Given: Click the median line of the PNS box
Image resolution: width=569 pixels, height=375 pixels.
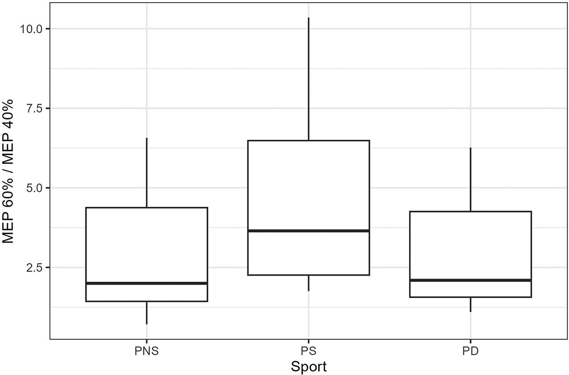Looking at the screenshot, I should [x=147, y=283].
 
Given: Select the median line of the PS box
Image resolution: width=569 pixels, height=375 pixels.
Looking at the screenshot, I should [x=309, y=230].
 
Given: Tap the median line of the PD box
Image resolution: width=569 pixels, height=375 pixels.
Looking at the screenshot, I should [x=470, y=280].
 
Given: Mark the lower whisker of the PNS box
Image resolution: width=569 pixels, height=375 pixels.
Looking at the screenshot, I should [x=147, y=313].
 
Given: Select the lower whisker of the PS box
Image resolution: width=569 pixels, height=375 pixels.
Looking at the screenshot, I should [x=309, y=283].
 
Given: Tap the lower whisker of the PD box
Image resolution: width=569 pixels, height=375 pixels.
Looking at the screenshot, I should [x=470, y=304].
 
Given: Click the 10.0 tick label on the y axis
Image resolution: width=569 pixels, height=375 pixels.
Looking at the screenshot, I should [x=32, y=29].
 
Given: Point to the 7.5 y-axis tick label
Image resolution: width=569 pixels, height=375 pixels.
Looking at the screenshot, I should [x=35, y=109].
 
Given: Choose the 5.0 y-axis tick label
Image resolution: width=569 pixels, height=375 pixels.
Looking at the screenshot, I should [x=35, y=188].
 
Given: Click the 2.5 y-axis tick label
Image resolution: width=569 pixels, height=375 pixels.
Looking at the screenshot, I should [x=35, y=267].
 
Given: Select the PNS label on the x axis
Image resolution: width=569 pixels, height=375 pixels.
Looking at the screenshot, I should [x=147, y=351].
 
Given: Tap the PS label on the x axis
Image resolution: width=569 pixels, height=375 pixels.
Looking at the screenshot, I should [x=309, y=351].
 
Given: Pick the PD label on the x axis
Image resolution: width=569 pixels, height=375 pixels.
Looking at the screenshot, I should [x=470, y=351].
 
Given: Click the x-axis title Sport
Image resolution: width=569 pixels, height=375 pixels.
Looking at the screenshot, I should [x=309, y=367].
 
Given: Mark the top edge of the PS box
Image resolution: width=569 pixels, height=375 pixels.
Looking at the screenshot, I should [x=309, y=141].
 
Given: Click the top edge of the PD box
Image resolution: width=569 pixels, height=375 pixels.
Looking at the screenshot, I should [x=470, y=211].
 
